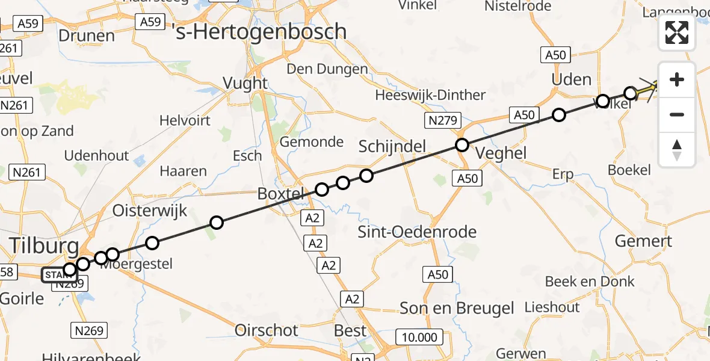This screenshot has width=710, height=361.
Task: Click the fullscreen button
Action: pos(677,32)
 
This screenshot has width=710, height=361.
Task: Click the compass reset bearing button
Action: pos(677,150)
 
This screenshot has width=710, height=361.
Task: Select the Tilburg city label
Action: pos(43,246)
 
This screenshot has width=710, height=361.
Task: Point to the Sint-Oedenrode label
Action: pos(417,232)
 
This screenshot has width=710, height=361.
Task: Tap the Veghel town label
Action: pos(501,153)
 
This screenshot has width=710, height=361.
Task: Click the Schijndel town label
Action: pos(392,146)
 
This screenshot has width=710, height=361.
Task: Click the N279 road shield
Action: pos(439,121)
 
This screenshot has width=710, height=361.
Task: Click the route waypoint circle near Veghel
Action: pos(461,145)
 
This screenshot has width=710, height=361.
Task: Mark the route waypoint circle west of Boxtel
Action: pos(217,223)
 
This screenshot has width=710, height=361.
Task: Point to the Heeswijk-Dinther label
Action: pos(430,95)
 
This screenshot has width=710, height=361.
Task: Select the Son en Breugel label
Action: pos(457,309)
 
